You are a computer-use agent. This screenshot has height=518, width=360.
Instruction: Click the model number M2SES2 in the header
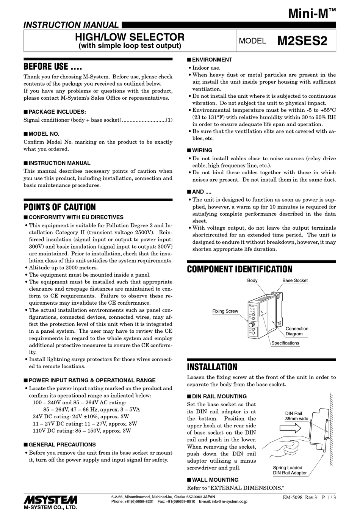[302, 41]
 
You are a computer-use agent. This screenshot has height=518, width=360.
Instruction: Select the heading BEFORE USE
[53, 67]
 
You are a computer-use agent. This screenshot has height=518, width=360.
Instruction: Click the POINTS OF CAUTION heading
[59, 207]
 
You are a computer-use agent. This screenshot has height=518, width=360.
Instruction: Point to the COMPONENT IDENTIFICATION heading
[239, 269]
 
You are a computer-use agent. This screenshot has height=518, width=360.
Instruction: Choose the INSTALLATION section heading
[212, 367]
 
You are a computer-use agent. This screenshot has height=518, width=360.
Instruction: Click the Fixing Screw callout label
[225, 311]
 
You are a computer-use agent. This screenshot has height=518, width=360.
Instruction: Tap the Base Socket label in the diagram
[295, 280]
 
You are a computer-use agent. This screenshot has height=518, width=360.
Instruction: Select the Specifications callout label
[285, 343]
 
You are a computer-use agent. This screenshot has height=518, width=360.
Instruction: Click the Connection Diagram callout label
[297, 331]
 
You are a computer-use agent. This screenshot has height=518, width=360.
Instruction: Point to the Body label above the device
[252, 280]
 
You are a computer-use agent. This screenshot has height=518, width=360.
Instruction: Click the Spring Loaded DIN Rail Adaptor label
[290, 470]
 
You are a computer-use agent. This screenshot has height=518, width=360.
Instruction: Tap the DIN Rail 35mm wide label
[296, 416]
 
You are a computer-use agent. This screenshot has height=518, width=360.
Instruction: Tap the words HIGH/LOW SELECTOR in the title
[130, 37]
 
